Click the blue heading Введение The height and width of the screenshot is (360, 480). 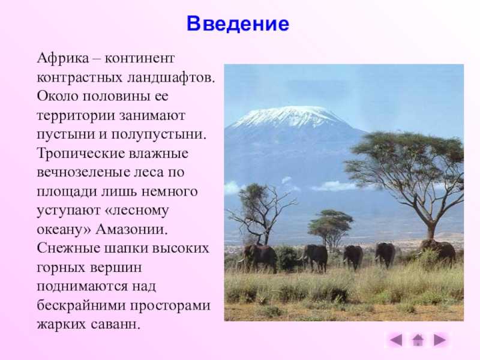pyautogui.click(x=238, y=23)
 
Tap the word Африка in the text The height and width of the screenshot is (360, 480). pyautogui.click(x=63, y=58)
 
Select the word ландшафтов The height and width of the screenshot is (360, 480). pyautogui.click(x=171, y=77)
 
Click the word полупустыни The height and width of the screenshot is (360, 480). pyautogui.click(x=159, y=134)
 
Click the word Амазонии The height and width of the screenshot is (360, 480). pyautogui.click(x=131, y=229)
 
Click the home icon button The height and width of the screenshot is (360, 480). pyautogui.click(x=418, y=340)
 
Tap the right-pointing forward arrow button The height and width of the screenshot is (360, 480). pyautogui.click(x=440, y=340)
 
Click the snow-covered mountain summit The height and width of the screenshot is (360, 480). pyautogui.click(x=288, y=116)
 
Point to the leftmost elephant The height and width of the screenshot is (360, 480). pyautogui.click(x=260, y=257)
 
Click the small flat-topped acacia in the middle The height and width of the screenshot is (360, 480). pyautogui.click(x=331, y=227)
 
